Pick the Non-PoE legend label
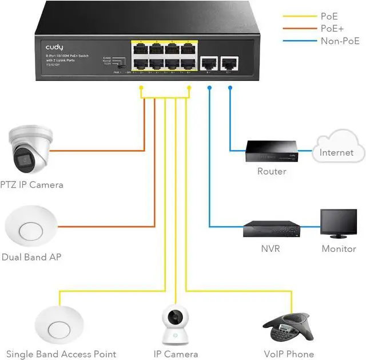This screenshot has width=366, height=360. tap(340, 41)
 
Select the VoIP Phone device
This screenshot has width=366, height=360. tap(285, 327)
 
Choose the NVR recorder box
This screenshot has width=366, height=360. tap(271, 228)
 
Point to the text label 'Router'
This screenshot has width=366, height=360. tap(272, 171)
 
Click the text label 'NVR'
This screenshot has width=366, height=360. tap(270, 249)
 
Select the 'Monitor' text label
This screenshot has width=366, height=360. tap(339, 249)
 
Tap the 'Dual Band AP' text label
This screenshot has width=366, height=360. tap(31, 258)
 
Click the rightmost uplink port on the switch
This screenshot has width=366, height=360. tap(230, 64)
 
